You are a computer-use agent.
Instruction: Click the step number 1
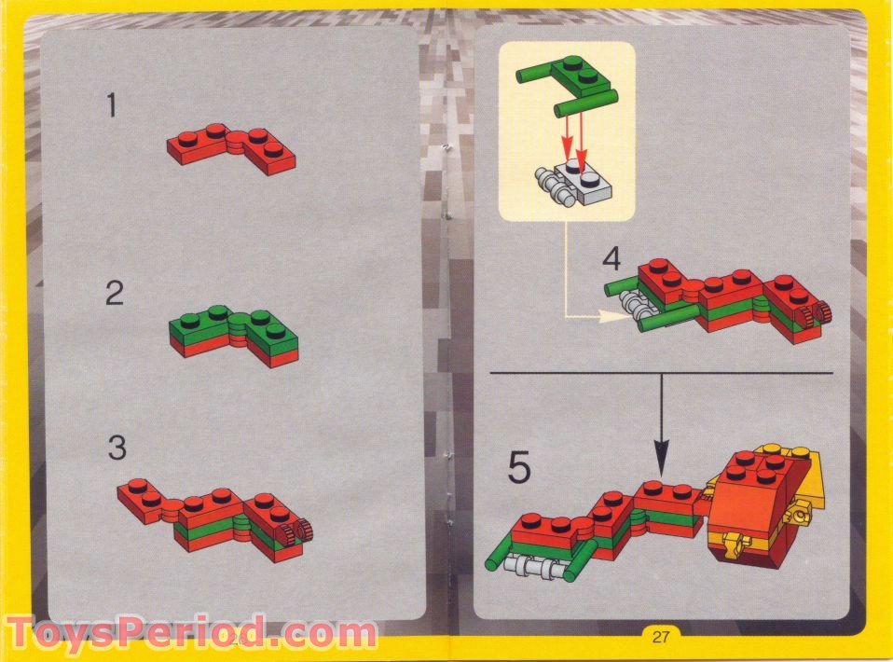(x=112, y=106)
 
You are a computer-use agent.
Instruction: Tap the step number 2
(x=114, y=294)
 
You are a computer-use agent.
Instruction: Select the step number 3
(x=116, y=448)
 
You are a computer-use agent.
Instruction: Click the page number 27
(x=660, y=638)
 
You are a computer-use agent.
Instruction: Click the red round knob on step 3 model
(x=304, y=532)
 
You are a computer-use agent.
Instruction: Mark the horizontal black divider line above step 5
(x=653, y=372)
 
